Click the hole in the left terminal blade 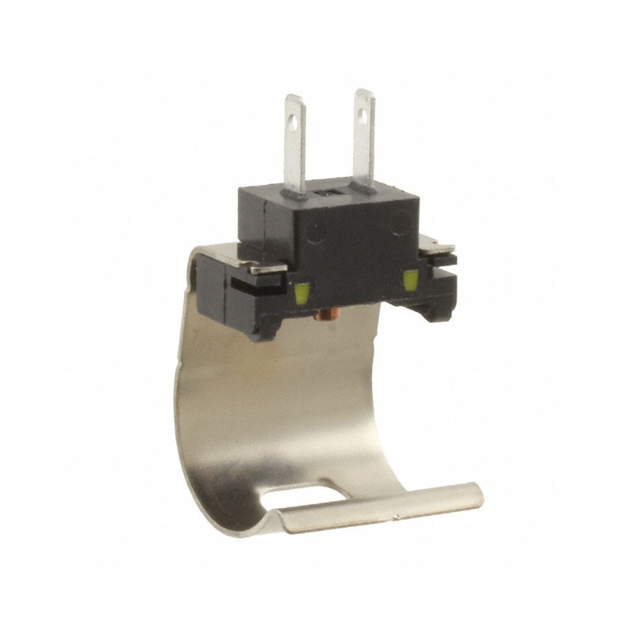pyautogui.click(x=295, y=122)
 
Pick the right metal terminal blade pyautogui.click(x=363, y=142)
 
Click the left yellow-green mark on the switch pyautogui.click(x=301, y=295)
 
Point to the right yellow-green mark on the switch pyautogui.click(x=410, y=280)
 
